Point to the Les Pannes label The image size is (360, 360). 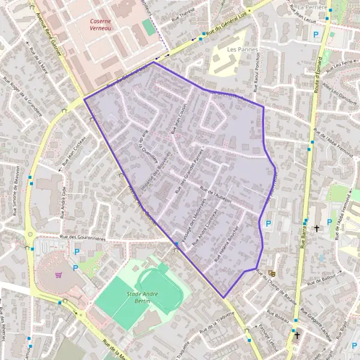pos(243,49)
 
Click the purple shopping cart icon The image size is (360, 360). pos(59,275)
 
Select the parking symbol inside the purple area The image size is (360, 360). pos(268,224)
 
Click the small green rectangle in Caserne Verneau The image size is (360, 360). pos(148,27)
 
